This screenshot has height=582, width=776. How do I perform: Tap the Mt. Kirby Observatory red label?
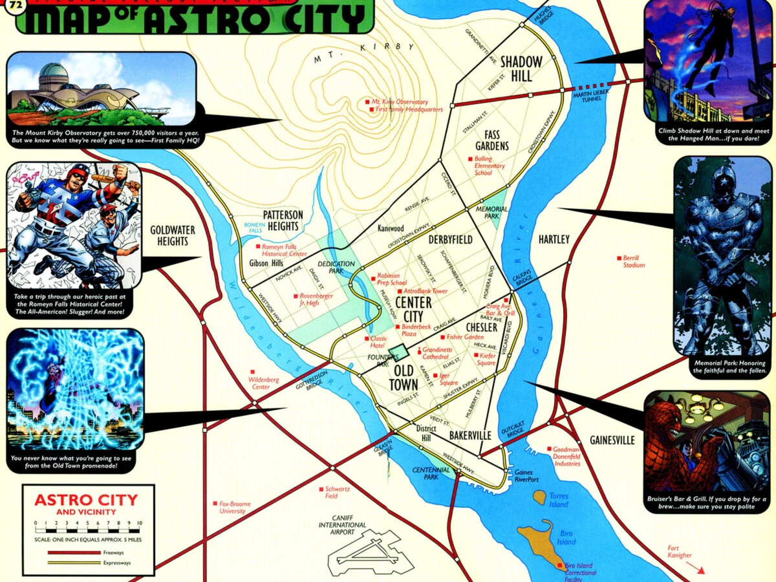(399, 102)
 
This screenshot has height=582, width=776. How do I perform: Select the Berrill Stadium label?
(634, 261)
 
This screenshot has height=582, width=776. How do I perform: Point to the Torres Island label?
(558, 500)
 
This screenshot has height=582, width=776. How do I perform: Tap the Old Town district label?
(404, 378)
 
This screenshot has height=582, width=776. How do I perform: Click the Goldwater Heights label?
(172, 235)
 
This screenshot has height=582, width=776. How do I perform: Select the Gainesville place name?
(612, 440)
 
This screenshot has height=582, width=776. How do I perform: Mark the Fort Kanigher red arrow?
(695, 567)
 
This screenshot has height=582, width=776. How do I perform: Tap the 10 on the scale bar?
(139, 523)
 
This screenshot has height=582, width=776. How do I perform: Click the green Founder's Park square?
(398, 353)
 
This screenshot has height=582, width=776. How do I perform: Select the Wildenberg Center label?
(264, 383)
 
